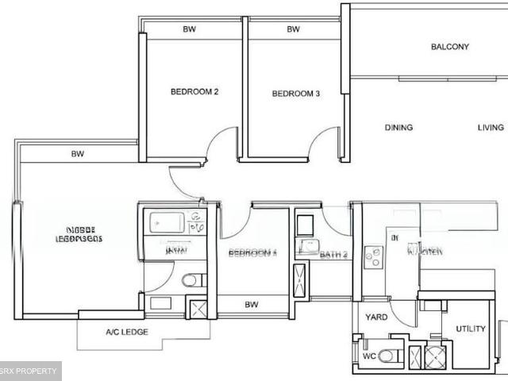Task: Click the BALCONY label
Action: click(x=450, y=47)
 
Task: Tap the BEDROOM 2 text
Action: click(x=194, y=92)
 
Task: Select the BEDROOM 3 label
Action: click(x=295, y=94)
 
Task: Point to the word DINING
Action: click(x=398, y=128)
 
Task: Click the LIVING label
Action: click(x=490, y=128)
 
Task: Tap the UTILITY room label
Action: click(x=470, y=329)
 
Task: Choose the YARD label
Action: click(x=376, y=317)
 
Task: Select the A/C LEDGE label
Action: click(x=127, y=333)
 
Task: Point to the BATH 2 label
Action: click(x=333, y=255)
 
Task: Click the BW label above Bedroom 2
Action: click(x=189, y=30)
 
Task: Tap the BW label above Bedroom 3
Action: click(x=293, y=30)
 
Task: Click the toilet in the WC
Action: click(x=387, y=356)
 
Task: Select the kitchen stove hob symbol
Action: click(x=373, y=256)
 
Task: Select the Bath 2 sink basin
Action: click(x=307, y=247)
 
